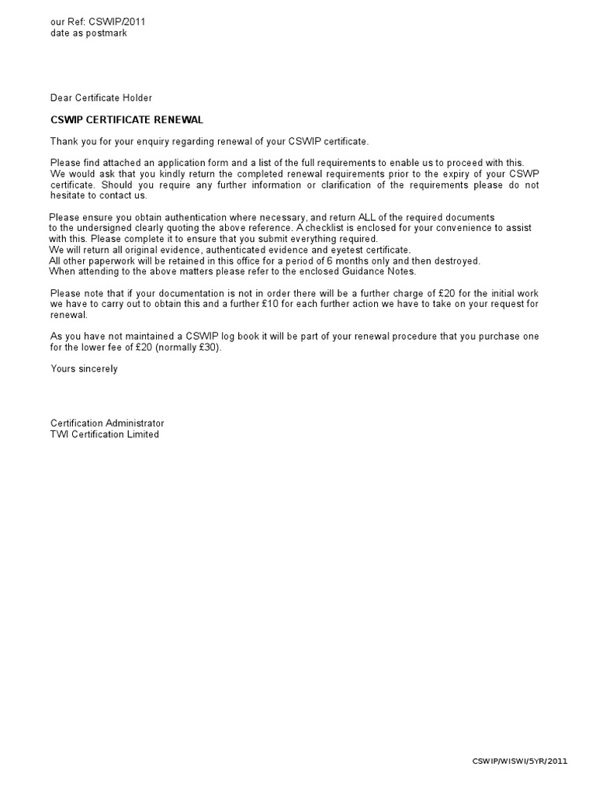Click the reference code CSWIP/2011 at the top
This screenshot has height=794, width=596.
[x=117, y=22]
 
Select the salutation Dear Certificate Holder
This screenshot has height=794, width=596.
[x=101, y=98]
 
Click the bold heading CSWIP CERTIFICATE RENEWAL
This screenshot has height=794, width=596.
[x=126, y=119]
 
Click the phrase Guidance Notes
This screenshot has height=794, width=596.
[x=376, y=271]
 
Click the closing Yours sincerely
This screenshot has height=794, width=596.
[x=84, y=369]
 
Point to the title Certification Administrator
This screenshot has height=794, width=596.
[x=107, y=423]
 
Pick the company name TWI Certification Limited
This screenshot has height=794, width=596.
[x=105, y=434]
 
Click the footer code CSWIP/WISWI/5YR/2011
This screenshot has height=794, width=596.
[x=520, y=761]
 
